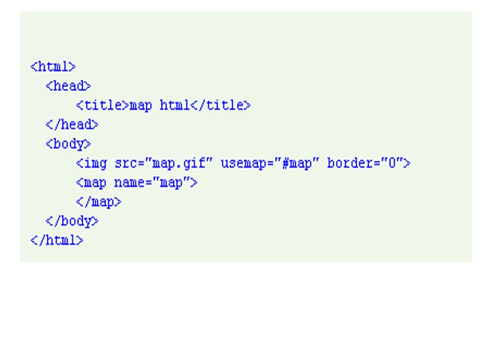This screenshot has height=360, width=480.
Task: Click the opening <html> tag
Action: [x=53, y=67]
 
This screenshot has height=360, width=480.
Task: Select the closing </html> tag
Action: [x=56, y=240]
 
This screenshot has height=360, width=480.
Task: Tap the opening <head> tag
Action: [x=68, y=86]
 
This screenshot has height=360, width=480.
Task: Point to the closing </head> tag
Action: [x=71, y=125]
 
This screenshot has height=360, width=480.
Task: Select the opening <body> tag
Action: [x=68, y=144]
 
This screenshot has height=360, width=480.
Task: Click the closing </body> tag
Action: [x=71, y=221]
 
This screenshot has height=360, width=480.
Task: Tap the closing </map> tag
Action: [x=98, y=202]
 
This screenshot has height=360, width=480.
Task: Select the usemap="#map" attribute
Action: [x=269, y=163]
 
